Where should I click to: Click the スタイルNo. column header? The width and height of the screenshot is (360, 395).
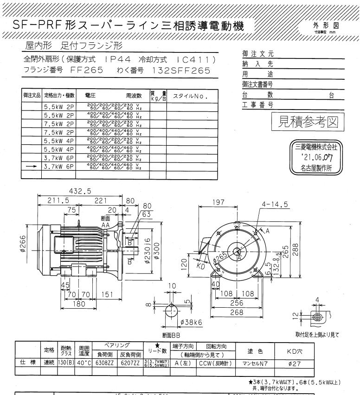pos(189,96)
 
